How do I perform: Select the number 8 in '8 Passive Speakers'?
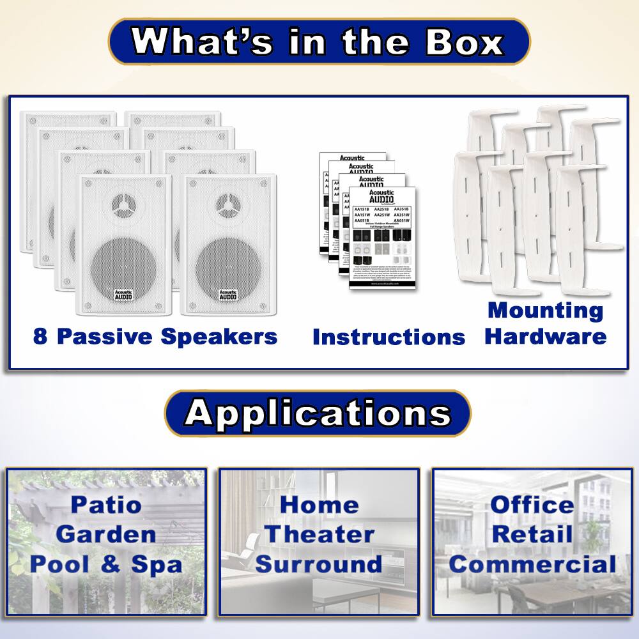point(40,337)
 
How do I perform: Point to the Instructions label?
point(389,337)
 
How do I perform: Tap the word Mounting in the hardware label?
point(545,311)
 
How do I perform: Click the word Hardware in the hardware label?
point(545,336)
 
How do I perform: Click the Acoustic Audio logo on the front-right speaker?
point(227,295)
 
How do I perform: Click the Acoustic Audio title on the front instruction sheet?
point(382,196)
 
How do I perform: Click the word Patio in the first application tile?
point(106,505)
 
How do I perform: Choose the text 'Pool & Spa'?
point(106,564)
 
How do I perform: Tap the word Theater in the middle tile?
point(319,534)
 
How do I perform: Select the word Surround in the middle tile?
point(319,564)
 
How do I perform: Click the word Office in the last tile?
point(532,505)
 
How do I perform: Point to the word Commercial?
point(532,564)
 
